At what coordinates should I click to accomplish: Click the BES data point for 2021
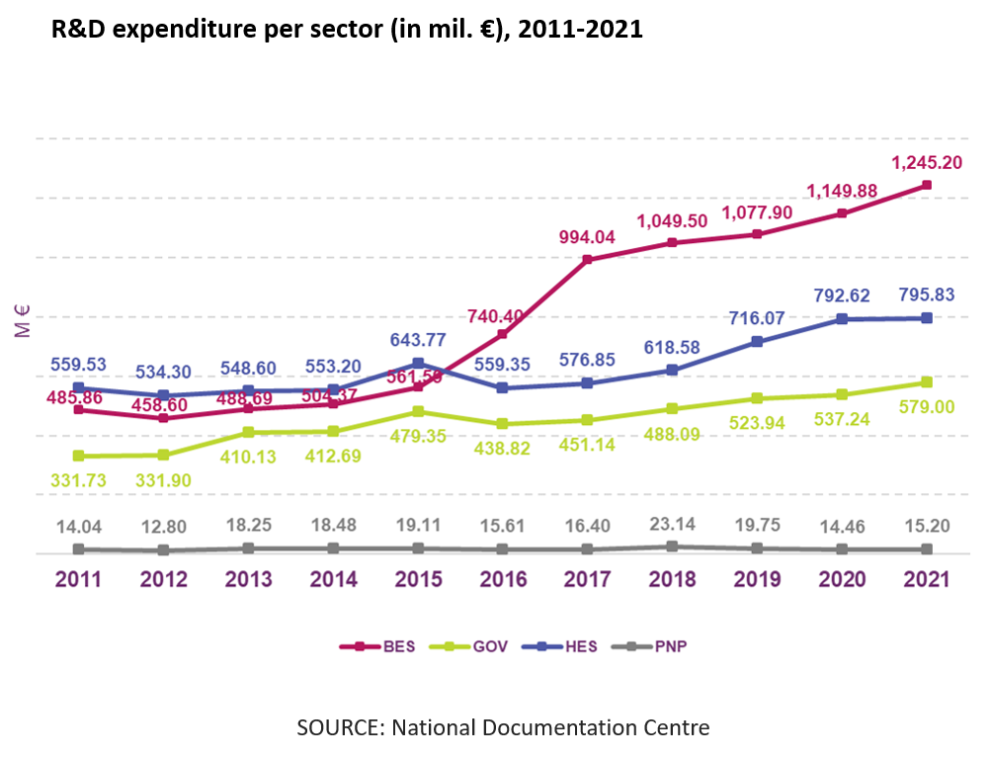pyautogui.click(x=927, y=185)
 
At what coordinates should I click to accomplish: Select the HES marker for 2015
pyautogui.click(x=418, y=363)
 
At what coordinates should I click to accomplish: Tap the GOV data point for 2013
pyautogui.click(x=248, y=432)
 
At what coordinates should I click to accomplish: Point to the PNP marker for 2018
pyautogui.click(x=672, y=546)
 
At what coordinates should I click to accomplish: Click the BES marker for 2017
pyautogui.click(x=587, y=260)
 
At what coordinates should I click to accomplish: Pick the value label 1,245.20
pyautogui.click(x=927, y=162)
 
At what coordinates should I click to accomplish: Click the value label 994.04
pyautogui.click(x=587, y=236)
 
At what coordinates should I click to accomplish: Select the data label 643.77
pyautogui.click(x=418, y=339)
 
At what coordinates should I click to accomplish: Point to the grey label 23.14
pyautogui.click(x=672, y=524)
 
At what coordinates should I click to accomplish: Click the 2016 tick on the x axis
pyautogui.click(x=502, y=579)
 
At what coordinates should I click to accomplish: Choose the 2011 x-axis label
pyautogui.click(x=79, y=579)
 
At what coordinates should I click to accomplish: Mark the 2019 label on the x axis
pyautogui.click(x=757, y=579)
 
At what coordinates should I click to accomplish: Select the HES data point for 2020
pyautogui.click(x=842, y=318)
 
